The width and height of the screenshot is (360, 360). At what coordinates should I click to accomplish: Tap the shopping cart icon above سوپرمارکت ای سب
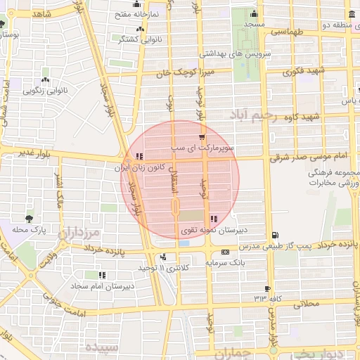(x=202, y=137)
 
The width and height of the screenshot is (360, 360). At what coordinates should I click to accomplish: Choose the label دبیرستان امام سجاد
(x=101, y=286)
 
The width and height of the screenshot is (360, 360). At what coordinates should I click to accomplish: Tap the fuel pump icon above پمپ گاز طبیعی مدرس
(x=274, y=236)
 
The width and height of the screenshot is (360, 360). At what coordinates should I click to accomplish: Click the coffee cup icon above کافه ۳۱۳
(x=267, y=288)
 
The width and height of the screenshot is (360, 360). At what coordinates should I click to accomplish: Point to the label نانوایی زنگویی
(x=46, y=90)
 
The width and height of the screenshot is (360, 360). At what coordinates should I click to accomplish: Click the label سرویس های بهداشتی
(x=230, y=53)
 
